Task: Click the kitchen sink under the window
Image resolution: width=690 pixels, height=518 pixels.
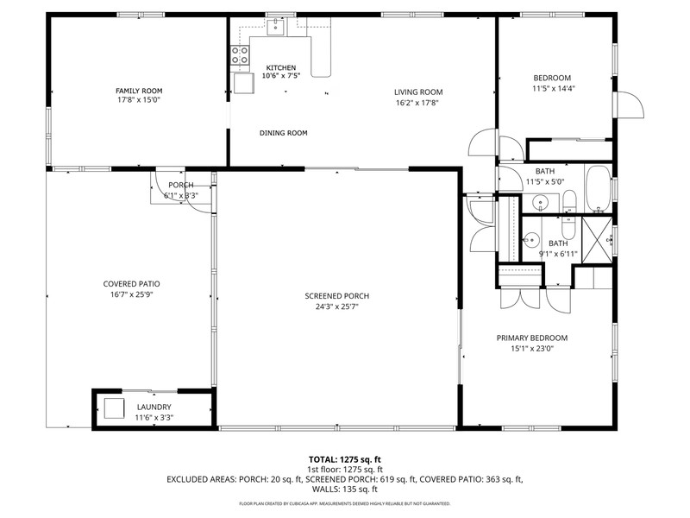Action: point(275,28)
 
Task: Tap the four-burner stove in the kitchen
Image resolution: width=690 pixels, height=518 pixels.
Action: point(239,56)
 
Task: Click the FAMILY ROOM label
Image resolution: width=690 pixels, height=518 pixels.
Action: point(139,91)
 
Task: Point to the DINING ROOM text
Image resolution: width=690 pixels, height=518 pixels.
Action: point(284,133)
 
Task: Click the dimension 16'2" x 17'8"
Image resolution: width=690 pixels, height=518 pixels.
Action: point(418,102)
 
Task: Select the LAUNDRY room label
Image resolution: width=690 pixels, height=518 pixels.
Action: point(154,407)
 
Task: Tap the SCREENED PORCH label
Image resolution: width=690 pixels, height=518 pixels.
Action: point(337,295)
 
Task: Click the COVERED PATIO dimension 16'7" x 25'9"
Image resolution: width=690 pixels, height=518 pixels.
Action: point(131,294)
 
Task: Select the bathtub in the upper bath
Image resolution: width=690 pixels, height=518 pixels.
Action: point(597,188)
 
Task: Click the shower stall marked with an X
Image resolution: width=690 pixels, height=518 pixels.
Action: point(597,234)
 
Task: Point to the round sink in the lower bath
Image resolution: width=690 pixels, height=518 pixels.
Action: point(532,241)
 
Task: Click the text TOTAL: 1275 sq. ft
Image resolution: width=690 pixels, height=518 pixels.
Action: point(344,459)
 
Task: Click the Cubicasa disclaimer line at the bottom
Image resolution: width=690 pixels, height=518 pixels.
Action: point(344,502)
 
